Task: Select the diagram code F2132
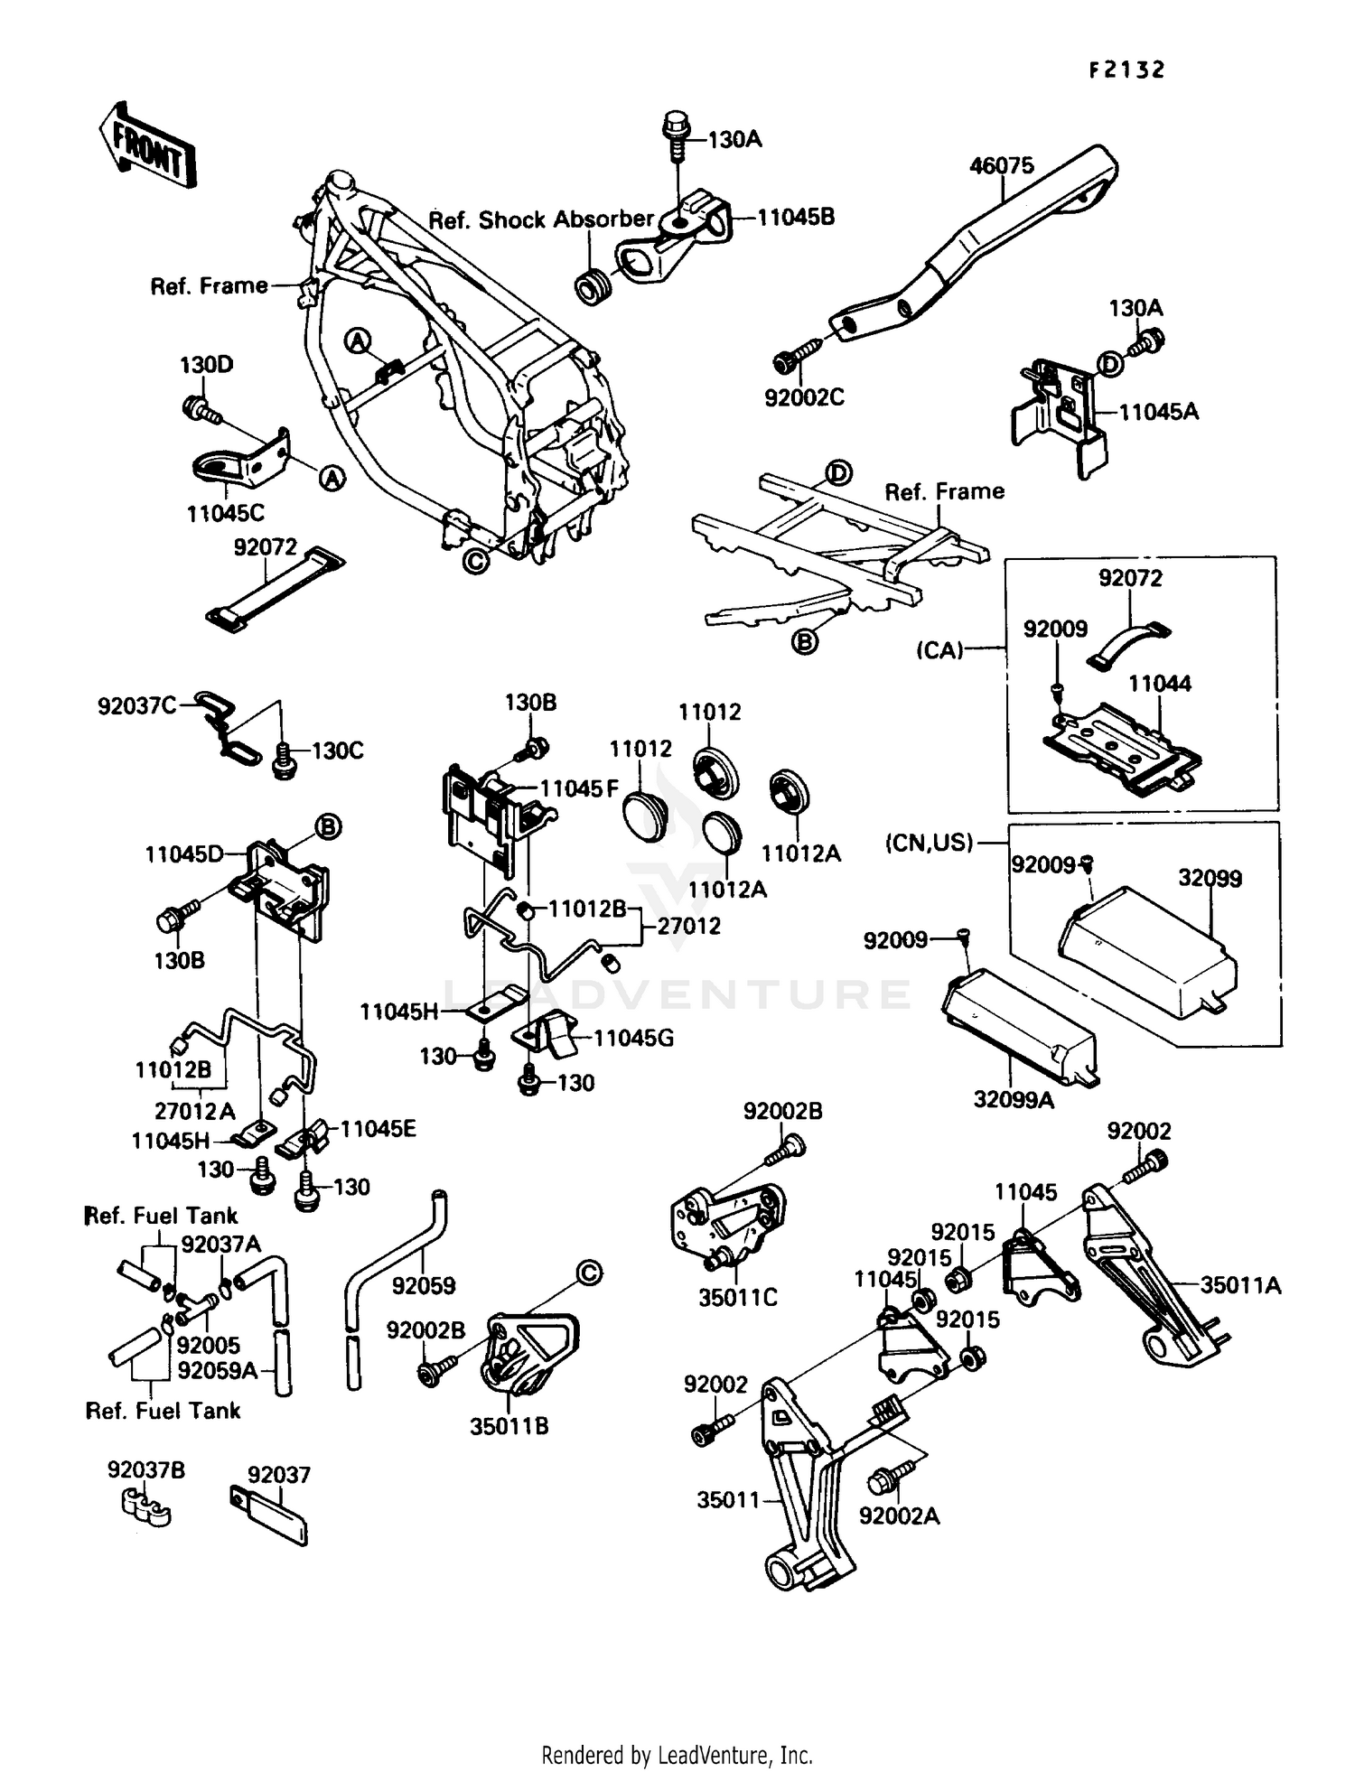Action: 1126,70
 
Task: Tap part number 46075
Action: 1001,166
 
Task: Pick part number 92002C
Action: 804,397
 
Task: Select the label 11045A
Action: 1159,413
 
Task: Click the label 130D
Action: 206,366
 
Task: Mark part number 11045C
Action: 226,514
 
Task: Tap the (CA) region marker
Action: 939,650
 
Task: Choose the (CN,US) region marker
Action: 929,844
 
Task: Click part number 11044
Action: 1159,684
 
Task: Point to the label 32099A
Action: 1014,1100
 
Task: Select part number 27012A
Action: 195,1111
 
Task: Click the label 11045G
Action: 634,1039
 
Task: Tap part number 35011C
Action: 737,1298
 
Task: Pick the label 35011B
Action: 509,1427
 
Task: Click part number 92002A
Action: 899,1516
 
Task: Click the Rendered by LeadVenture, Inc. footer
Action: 677,1756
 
